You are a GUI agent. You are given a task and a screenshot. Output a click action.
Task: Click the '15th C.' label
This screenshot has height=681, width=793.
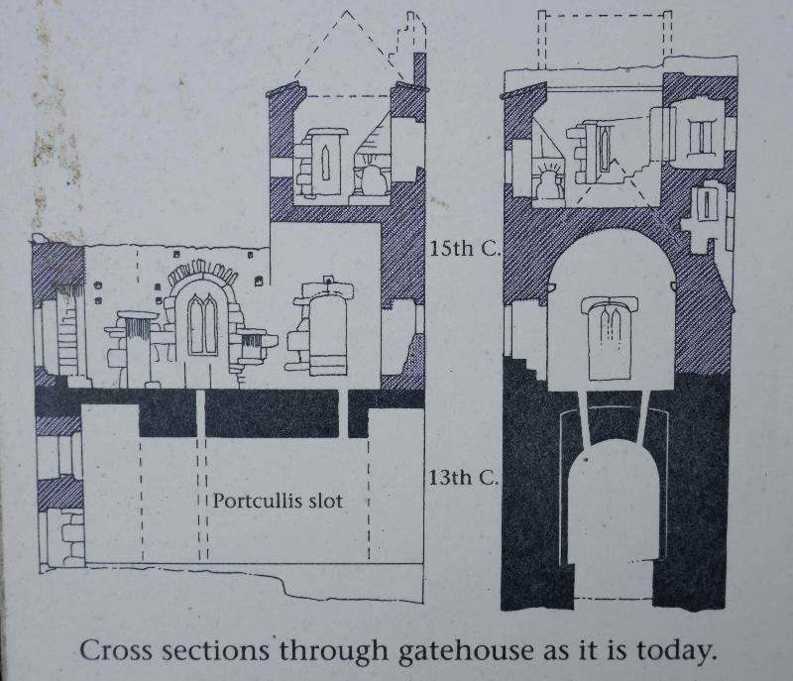click(464, 249)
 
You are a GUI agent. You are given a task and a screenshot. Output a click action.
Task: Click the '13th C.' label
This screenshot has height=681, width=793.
click(463, 479)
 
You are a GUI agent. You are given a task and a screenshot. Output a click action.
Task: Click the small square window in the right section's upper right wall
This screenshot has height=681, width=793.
click(702, 137)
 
